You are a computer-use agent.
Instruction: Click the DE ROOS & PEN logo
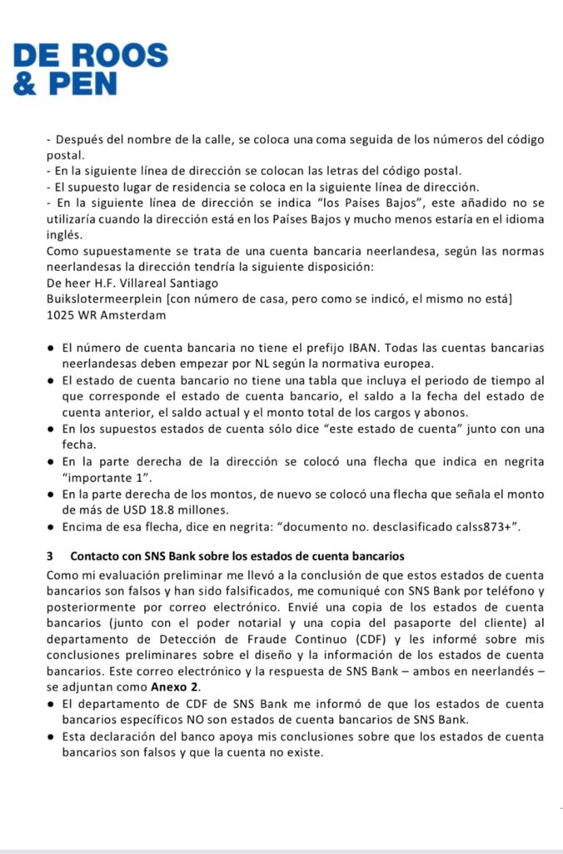click(91, 68)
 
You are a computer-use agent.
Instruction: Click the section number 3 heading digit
click(50, 555)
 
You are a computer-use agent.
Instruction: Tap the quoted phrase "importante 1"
click(105, 478)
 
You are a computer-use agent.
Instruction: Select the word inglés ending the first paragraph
click(65, 234)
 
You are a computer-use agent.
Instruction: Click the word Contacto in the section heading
click(96, 555)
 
